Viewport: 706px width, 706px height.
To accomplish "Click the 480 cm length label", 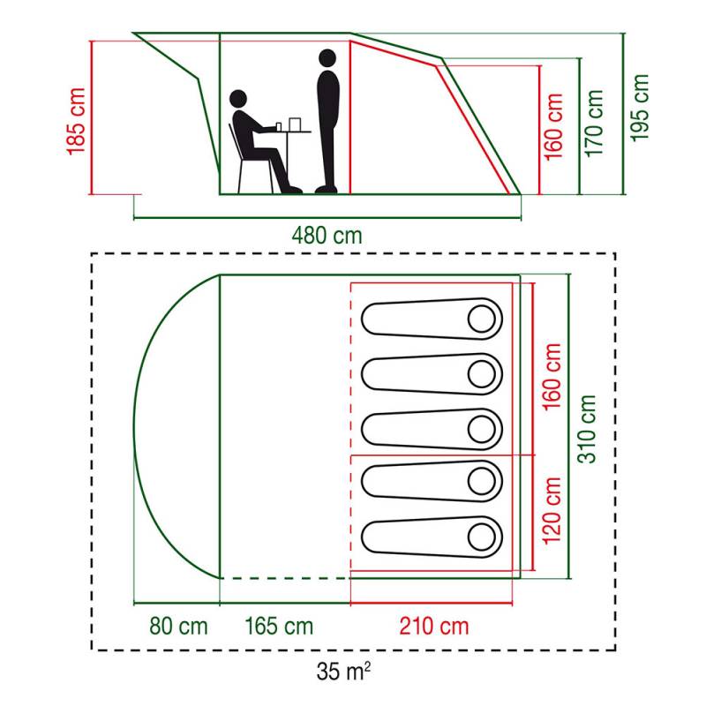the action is tap(327, 236).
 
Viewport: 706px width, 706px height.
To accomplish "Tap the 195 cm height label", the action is tap(639, 108).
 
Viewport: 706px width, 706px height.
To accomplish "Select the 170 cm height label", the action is tap(594, 124).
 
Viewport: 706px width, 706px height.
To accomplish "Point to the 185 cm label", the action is tap(76, 122).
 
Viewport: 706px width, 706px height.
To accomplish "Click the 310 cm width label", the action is tap(587, 429).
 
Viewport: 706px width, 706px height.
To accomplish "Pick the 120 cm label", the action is tap(552, 511).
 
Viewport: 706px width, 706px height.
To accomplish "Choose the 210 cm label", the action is tap(434, 626).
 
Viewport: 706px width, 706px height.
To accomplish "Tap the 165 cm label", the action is tap(279, 626).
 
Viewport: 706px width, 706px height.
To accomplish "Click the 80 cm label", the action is tap(178, 626).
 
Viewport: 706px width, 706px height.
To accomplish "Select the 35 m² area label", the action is tap(343, 672).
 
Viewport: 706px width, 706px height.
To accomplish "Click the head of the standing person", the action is tap(327, 58).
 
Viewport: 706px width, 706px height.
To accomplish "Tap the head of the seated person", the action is tap(238, 99).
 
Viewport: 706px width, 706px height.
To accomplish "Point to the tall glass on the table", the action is tap(295, 124).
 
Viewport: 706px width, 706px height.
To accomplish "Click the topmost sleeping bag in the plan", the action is tap(432, 319).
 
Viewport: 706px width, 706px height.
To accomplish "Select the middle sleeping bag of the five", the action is tap(432, 429).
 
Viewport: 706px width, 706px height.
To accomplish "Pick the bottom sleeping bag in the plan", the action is tap(432, 537).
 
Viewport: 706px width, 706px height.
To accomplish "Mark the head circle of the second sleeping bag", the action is tap(481, 373).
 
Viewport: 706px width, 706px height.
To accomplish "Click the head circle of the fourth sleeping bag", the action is tap(481, 481).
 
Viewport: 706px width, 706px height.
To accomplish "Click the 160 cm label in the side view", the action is tap(553, 127).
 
